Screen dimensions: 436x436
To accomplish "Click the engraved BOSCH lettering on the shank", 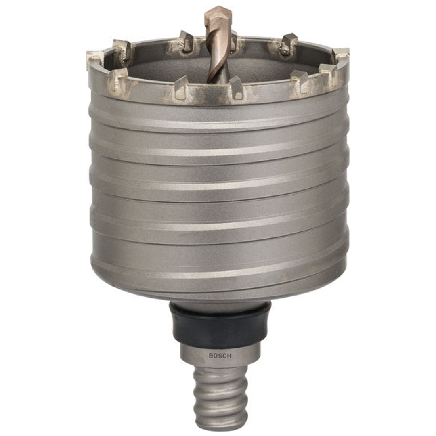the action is point(220,356).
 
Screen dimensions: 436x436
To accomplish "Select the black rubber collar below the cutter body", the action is point(220,323).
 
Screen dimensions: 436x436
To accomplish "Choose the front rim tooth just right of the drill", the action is point(236,87).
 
